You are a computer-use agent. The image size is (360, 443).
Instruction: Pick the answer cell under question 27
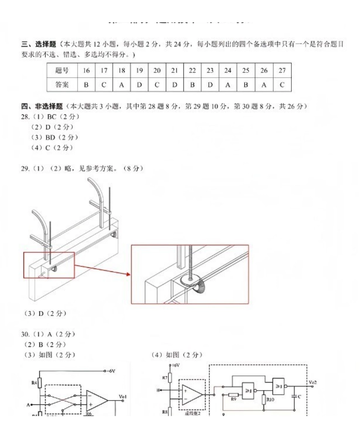click(x=282, y=85)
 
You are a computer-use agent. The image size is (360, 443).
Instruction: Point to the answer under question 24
click(x=228, y=85)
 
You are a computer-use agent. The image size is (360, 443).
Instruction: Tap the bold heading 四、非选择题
click(x=39, y=107)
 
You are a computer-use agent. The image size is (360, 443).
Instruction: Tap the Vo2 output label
click(x=313, y=382)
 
